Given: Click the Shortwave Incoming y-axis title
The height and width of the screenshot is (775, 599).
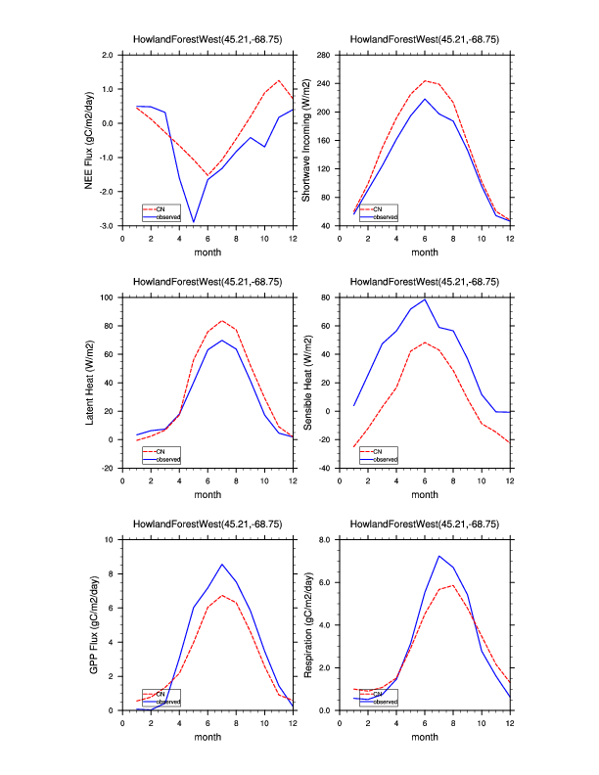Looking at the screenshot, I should [x=305, y=140].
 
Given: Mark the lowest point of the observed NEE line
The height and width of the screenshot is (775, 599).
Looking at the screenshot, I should [x=194, y=222].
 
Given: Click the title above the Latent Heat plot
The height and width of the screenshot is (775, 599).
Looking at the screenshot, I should [x=207, y=282].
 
